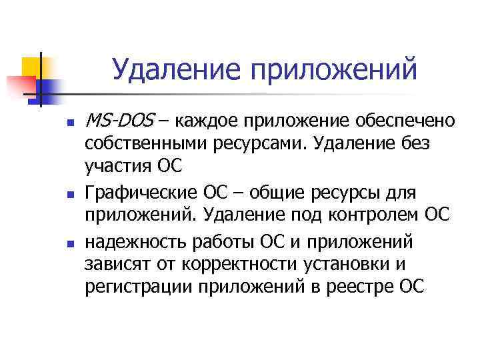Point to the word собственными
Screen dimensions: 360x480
(155, 143)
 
